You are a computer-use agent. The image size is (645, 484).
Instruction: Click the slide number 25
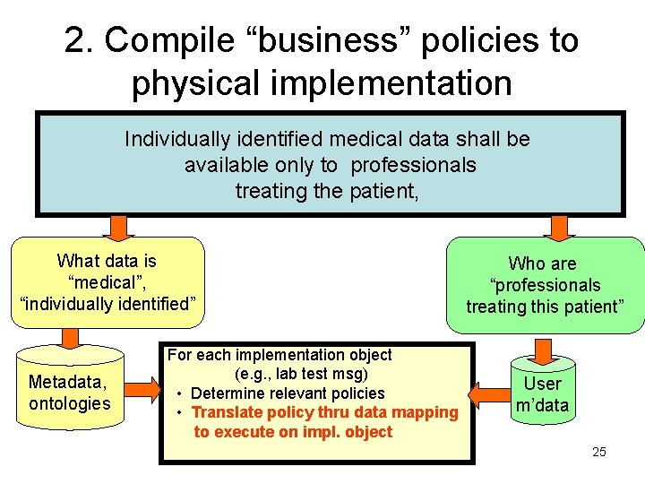599,451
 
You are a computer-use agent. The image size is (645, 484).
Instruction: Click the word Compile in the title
171,40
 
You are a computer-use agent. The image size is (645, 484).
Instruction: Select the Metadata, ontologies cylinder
69,393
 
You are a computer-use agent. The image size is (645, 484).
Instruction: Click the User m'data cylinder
542,394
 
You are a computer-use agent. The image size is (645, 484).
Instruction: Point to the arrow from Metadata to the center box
141,389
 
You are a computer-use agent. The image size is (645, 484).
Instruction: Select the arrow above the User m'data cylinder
543,347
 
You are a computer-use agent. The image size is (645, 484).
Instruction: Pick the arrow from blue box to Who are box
560,229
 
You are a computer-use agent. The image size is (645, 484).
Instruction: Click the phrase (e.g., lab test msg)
302,374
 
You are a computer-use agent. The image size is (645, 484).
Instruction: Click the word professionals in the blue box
413,165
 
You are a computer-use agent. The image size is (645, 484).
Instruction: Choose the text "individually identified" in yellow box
107,303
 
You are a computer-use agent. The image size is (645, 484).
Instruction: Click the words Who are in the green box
542,264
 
